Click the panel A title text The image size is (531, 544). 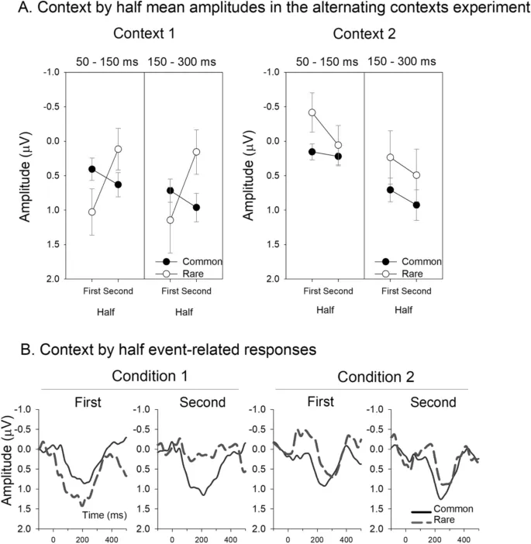click(x=265, y=9)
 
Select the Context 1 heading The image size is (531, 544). click(x=145, y=34)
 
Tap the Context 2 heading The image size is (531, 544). click(x=364, y=34)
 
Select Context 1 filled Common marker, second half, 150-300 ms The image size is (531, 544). click(x=196, y=207)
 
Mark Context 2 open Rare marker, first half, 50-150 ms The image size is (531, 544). click(x=312, y=112)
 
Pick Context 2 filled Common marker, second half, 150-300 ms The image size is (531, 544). click(x=416, y=205)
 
